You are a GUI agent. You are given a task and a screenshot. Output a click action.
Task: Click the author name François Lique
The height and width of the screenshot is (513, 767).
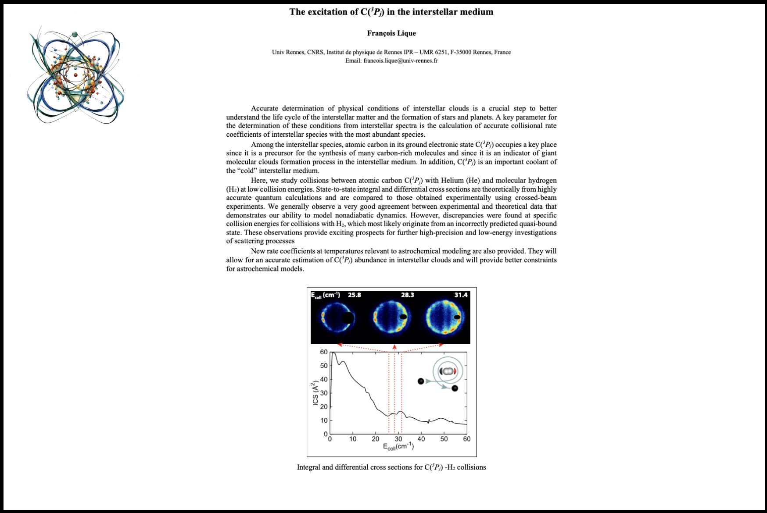(391, 33)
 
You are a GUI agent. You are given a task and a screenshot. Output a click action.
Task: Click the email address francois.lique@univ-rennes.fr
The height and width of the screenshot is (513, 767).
(400, 61)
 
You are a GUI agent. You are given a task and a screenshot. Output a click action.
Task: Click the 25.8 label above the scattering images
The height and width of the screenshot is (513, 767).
(354, 295)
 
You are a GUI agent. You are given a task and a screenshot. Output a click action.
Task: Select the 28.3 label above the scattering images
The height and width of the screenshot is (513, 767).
(407, 295)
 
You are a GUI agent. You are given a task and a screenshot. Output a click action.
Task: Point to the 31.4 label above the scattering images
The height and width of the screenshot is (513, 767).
(461, 295)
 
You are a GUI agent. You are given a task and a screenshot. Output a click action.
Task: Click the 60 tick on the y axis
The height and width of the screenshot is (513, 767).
(324, 352)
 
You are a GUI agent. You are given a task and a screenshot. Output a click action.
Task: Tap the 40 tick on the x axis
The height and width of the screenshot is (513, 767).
(421, 439)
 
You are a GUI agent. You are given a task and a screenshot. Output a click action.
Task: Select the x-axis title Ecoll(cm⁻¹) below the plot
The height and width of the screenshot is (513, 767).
(398, 446)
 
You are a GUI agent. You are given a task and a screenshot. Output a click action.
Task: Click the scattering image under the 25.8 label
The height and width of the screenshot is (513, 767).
(337, 317)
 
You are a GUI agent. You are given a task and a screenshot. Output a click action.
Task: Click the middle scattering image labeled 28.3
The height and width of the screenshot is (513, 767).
(390, 317)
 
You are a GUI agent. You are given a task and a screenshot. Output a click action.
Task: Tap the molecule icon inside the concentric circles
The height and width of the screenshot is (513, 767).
(448, 371)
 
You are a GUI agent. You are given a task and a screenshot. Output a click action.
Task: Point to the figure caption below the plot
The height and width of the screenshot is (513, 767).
(391, 467)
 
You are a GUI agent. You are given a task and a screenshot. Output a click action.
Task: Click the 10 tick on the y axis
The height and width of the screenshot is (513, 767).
(324, 420)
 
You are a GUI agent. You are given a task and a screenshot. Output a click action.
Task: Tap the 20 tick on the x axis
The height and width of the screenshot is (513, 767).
(376, 439)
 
